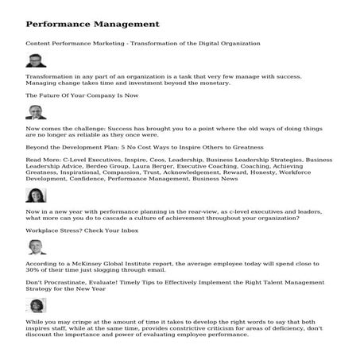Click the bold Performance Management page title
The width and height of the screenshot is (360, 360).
point(92,24)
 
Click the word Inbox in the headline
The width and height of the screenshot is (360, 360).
point(126,230)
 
